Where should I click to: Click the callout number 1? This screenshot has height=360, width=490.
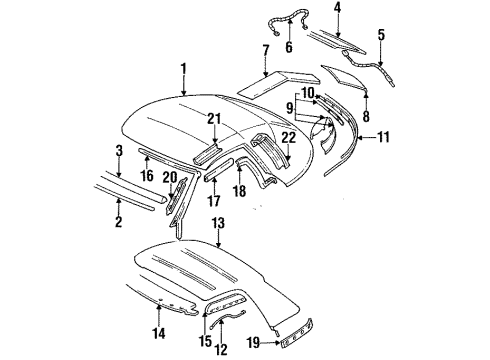pyautogui.click(x=183, y=68)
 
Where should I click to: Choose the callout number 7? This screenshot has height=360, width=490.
pyautogui.click(x=265, y=49)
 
